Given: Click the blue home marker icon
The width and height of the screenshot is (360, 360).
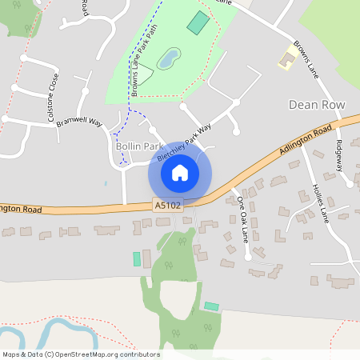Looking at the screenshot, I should [180, 172].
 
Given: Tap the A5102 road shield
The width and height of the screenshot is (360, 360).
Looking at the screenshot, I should [167, 206].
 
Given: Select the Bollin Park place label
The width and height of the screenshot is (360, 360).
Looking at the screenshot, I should [139, 146].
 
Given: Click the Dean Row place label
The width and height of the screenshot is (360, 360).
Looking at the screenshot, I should [314, 105].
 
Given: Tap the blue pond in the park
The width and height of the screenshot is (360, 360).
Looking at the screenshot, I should [168, 58].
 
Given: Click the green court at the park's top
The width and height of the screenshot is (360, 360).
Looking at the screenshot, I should [197, 22].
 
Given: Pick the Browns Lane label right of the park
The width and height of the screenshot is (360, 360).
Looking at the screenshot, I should [306, 56].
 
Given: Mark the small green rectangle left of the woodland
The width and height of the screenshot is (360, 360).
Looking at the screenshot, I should [137, 259].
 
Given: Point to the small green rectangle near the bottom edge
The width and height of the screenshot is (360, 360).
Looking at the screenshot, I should [211, 306].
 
